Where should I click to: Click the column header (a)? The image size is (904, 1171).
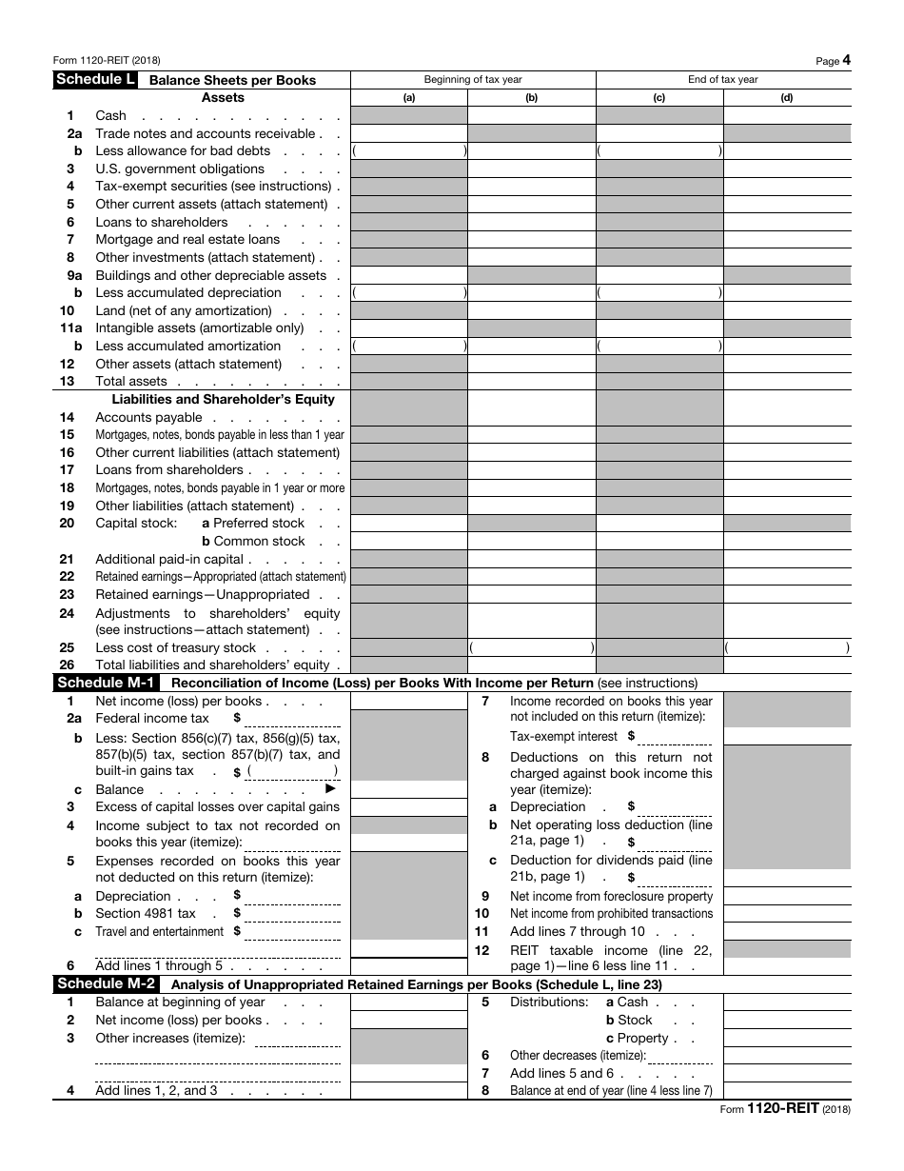coord(409,97)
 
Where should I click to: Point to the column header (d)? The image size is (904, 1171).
coord(786,97)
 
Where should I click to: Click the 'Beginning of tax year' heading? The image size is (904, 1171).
coord(473,80)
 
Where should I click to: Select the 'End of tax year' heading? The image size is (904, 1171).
coord(723,80)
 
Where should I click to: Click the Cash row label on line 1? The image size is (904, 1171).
coord(110,116)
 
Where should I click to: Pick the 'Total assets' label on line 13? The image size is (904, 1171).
coord(131,382)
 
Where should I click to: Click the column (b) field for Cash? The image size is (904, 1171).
coord(531,116)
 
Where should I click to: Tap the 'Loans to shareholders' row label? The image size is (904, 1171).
coord(162,223)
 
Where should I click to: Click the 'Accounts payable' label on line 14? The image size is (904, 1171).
coord(148,417)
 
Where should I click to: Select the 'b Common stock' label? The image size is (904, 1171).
coord(253,542)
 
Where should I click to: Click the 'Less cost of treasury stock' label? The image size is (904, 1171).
coord(175,648)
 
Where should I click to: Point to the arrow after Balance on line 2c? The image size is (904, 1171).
coord(331,789)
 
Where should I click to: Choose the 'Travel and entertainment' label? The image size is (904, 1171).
coord(159,932)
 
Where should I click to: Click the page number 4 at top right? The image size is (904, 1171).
coord(846,60)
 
